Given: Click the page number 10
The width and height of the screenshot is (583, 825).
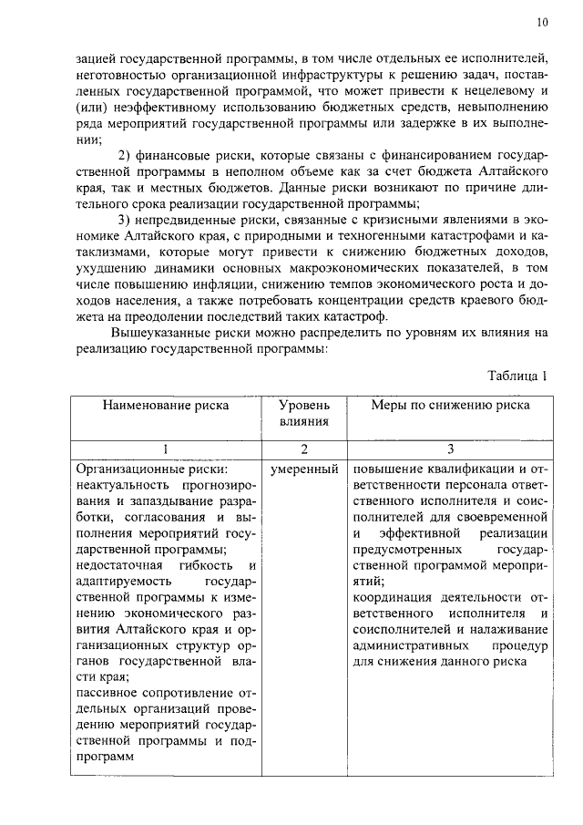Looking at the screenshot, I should [543, 22].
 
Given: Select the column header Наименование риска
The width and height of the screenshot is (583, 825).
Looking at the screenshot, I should [165, 406].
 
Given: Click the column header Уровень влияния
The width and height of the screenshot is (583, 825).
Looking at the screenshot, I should [304, 413].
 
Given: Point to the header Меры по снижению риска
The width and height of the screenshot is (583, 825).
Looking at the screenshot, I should [449, 406].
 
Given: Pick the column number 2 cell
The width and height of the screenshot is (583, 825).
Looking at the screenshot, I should [304, 449].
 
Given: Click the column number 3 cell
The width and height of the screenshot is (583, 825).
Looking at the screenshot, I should [449, 449].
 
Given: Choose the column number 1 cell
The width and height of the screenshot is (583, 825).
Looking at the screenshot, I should [165, 449].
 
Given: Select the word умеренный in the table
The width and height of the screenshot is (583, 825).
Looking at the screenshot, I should [304, 469].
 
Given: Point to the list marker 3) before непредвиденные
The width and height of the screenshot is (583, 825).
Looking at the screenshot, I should [128, 222].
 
